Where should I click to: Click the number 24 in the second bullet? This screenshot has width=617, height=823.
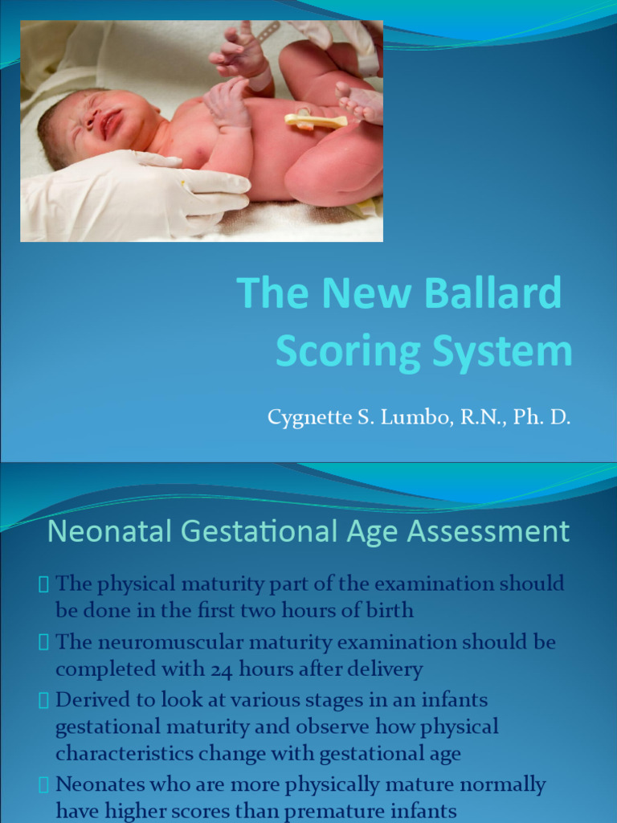(x=226, y=669)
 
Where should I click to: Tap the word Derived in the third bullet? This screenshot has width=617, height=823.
(x=88, y=699)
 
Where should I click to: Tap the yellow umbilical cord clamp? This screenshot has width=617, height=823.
(x=315, y=121)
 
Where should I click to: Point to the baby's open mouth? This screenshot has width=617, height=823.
(x=109, y=125)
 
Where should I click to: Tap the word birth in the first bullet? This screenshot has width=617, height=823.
(x=390, y=610)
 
